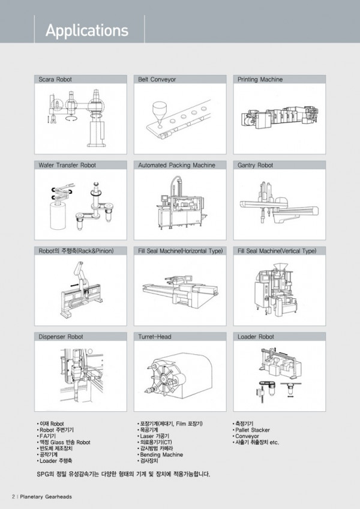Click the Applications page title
(87, 30)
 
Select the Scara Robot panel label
(55, 79)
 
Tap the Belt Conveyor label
(157, 79)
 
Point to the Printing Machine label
(260, 79)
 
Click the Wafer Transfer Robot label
(67, 165)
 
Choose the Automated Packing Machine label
(176, 165)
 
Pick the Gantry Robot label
(255, 165)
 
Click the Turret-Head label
(155, 337)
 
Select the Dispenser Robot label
(61, 337)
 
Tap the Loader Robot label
(256, 337)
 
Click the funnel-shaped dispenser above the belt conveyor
(160, 112)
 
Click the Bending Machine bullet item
(160, 455)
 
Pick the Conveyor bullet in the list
(246, 436)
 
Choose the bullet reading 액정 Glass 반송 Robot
(64, 442)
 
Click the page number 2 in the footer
(13, 496)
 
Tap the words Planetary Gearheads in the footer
(46, 496)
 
